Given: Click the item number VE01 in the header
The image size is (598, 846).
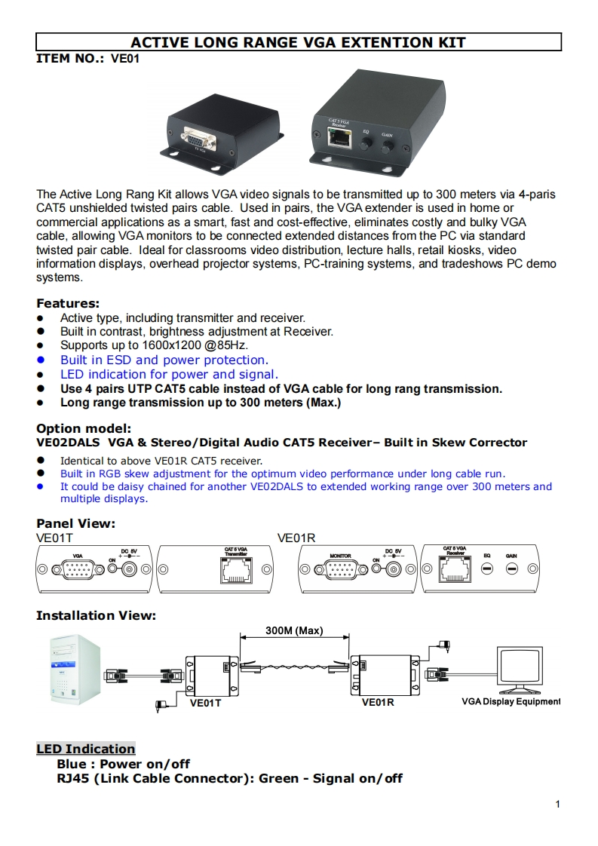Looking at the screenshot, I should [x=125, y=58].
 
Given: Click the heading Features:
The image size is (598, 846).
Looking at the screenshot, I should [x=68, y=304].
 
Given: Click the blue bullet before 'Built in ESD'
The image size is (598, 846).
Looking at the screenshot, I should [x=41, y=360].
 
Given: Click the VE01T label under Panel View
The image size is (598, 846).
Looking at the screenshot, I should [x=54, y=538].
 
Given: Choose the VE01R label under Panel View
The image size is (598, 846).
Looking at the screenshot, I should [x=296, y=538].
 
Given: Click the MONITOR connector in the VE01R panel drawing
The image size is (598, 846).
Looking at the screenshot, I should [x=341, y=569].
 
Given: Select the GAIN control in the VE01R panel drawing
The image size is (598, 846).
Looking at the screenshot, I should [x=511, y=569].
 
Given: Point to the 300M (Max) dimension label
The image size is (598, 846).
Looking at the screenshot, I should [x=295, y=630].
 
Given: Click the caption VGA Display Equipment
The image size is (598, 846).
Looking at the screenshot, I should [x=511, y=702].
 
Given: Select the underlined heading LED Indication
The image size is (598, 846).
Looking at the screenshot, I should [x=85, y=749].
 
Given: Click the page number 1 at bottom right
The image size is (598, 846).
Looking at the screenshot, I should [x=557, y=805].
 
